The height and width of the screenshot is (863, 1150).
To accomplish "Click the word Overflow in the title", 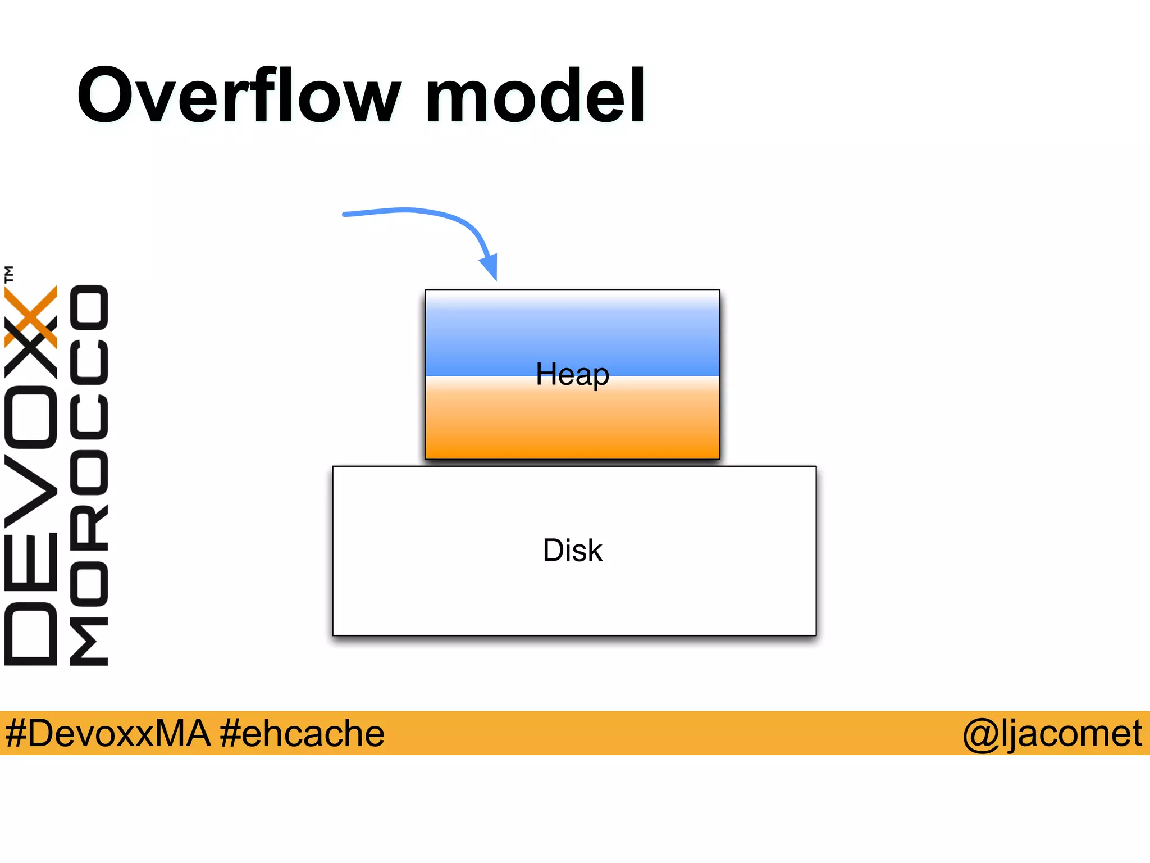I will point(239,96).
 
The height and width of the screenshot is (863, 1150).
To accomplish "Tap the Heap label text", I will point(572,374).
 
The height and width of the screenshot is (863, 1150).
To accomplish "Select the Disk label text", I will point(572,550).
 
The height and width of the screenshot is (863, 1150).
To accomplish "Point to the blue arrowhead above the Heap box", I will point(490,266).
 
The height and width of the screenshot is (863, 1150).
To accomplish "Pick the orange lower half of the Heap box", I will point(572,427).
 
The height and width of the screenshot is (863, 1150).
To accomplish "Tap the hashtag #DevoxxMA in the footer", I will point(107,733).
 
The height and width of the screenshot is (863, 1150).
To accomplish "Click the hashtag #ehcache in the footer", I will point(302,733).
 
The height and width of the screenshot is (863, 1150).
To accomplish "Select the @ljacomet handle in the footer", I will point(1052,733).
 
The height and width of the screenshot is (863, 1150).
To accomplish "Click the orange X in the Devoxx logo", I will point(31,316).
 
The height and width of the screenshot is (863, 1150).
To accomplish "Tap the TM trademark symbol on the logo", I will point(9,274).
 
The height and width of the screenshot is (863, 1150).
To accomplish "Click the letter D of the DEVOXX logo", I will point(31,634).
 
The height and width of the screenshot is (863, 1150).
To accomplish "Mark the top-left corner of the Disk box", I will point(333,466).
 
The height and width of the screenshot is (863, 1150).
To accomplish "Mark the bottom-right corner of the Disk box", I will point(816,635).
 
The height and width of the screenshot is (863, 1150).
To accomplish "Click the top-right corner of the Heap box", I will point(719,290).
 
